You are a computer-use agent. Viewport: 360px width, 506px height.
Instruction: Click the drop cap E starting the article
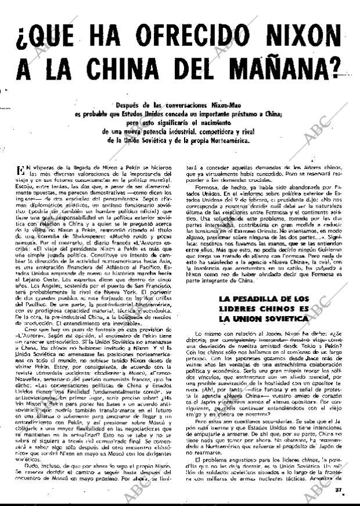[x=22, y=170]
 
